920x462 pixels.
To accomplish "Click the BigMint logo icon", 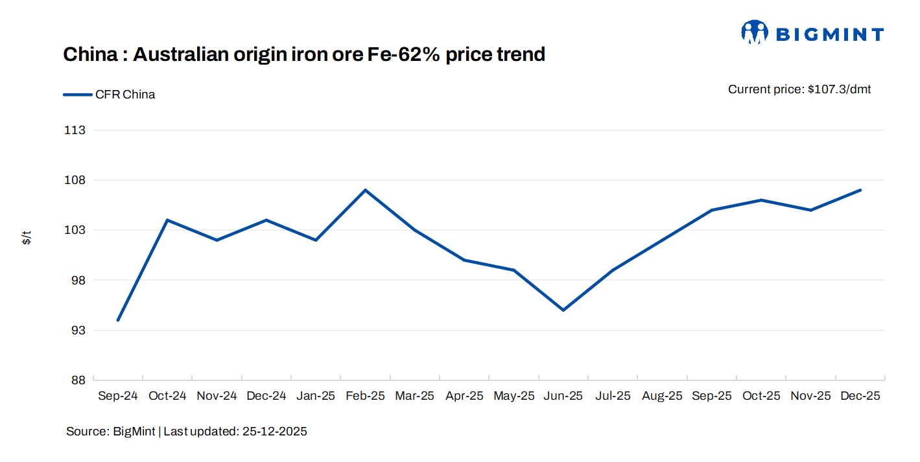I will (755, 32).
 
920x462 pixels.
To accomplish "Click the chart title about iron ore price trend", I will (303, 54).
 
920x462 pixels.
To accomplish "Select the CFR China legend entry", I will (110, 95).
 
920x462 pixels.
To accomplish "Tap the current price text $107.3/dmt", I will (799, 89).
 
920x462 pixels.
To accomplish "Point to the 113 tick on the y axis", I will (75, 130).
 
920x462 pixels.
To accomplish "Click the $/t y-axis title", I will (27, 237).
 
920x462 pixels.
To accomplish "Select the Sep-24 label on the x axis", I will (117, 396).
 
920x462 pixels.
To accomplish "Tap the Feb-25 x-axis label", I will (365, 396).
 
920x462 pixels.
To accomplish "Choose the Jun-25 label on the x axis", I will (563, 396).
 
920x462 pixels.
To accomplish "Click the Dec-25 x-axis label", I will (860, 396).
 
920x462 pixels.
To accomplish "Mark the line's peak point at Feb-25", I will (365, 190).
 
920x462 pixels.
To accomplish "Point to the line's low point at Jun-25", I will (563, 310).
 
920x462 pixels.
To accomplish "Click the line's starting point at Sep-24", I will (117, 320).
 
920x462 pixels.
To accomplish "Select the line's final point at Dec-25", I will (860, 190).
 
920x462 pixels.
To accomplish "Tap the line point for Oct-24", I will (167, 220).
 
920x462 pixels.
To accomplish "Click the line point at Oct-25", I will (761, 200).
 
